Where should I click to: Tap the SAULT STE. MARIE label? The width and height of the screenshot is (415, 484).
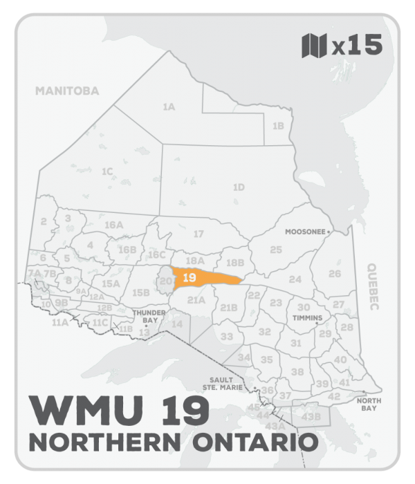click(x=222, y=384)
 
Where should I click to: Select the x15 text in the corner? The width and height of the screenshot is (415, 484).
click(x=356, y=46)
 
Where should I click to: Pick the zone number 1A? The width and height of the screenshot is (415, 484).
click(x=168, y=107)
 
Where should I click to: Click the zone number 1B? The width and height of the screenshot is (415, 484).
click(x=278, y=126)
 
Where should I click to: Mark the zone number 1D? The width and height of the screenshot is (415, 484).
click(x=239, y=187)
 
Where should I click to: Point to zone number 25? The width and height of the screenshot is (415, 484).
click(x=276, y=249)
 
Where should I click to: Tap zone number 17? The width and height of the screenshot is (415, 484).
click(x=199, y=234)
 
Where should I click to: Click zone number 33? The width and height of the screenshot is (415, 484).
click(x=227, y=336)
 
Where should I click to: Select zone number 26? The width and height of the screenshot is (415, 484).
click(x=335, y=273)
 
